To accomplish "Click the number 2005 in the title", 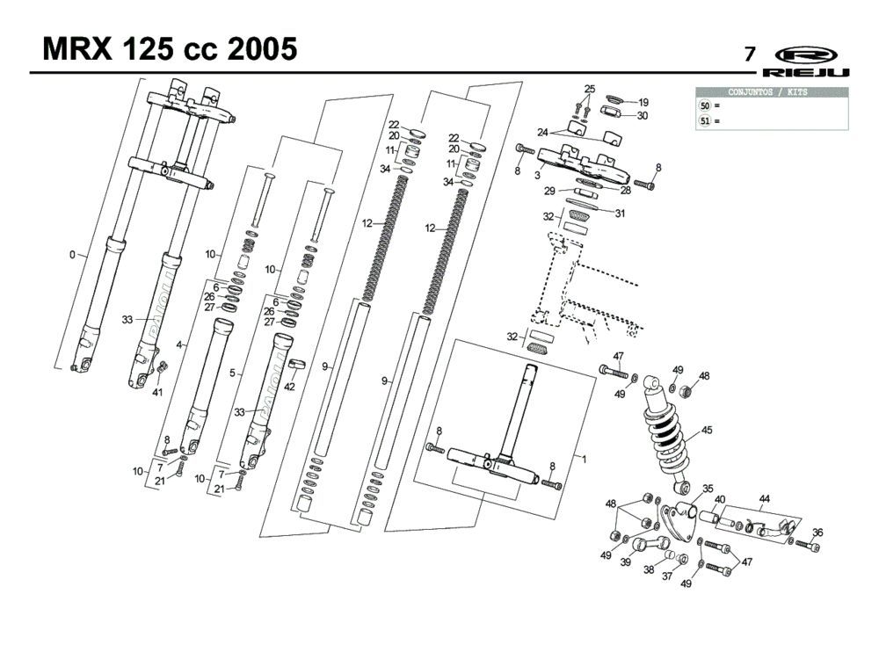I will coord(261,49).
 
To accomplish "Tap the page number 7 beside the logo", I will coord(750,54).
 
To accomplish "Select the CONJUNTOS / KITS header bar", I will coord(773,92).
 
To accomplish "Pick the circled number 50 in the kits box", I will coord(705,105).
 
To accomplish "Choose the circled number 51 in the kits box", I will coord(705,121).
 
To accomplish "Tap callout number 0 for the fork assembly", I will coord(73,255).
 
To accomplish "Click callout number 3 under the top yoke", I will coord(536,176).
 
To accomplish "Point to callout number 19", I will coord(643,102).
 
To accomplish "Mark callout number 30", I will coord(643,115).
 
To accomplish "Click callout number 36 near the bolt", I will coord(817,532).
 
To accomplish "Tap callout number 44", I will coord(765,498).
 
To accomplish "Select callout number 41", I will coord(158,392).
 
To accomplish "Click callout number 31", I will coord(620,213).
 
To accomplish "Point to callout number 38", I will coord(649,569).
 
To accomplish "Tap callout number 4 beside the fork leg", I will coord(179,345).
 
